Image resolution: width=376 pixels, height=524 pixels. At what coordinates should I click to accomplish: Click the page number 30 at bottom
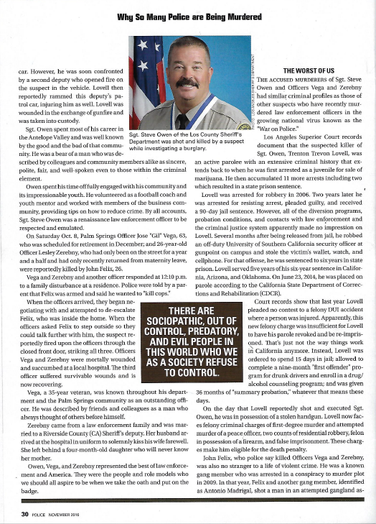point(25,515)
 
